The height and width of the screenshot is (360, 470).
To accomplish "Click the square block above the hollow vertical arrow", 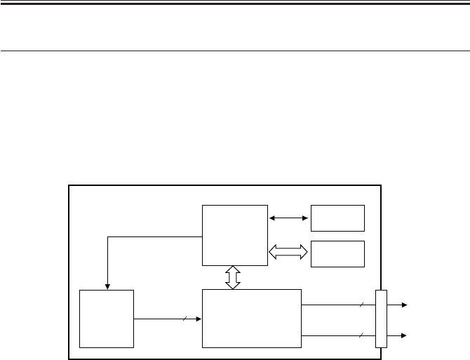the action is [234, 235].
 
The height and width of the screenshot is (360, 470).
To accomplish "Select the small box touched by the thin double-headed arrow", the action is [337, 218].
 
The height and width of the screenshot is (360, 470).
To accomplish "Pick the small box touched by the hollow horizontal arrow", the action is [337, 253].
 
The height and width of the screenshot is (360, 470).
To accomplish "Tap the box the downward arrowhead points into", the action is [107, 318].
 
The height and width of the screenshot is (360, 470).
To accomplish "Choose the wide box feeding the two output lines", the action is [251, 318].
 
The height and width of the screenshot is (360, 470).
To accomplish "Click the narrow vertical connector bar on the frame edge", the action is [381, 319].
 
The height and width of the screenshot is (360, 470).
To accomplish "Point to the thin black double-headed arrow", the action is [289, 218].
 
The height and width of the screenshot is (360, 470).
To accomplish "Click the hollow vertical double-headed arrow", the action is [234, 276].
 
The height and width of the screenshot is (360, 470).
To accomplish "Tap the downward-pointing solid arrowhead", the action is [107, 285].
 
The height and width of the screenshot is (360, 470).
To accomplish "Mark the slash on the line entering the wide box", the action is [184, 319].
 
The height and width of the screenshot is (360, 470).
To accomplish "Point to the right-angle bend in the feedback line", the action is [107, 236].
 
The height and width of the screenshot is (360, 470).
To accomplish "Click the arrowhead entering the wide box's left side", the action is [199, 319].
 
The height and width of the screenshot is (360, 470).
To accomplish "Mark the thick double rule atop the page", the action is [235, 4].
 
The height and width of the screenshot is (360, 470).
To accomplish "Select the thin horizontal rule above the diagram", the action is [235, 51].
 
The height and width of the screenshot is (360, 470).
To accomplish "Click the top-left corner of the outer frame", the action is [68, 186].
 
